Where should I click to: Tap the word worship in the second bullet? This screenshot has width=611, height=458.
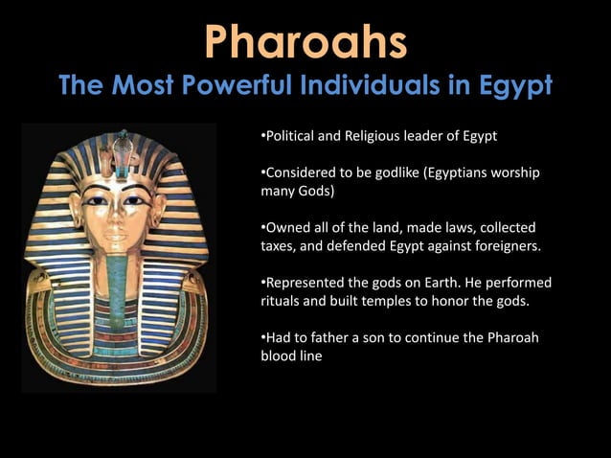[513, 173]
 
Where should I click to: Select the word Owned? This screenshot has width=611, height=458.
[285, 228]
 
